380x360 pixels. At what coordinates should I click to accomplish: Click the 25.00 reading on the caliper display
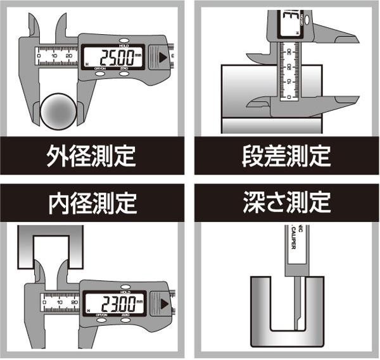tap(118, 58)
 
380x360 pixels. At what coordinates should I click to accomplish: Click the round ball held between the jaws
tap(60, 111)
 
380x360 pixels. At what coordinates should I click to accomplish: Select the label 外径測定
tap(92, 155)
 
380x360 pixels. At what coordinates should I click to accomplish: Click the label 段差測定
tap(286, 155)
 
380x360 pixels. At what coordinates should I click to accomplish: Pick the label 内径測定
tap(92, 203)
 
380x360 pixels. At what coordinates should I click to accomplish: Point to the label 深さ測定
tap(286, 203)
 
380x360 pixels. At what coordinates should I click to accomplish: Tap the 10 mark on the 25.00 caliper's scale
tap(54, 56)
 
